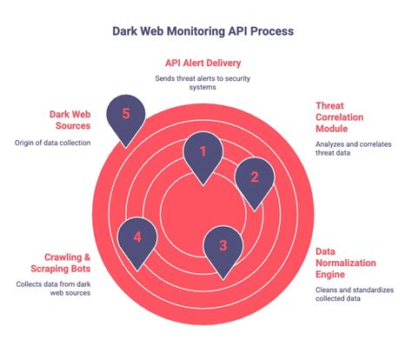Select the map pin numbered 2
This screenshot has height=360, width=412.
(x=254, y=177)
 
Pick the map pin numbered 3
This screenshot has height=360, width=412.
(x=223, y=245)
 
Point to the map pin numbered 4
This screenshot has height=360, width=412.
(x=137, y=236)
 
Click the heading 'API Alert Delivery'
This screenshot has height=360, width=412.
(x=204, y=63)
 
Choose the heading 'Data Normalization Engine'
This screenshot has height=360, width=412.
(x=345, y=262)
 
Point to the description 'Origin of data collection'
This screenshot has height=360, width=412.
(x=54, y=143)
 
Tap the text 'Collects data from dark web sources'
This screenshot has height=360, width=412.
(x=54, y=290)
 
